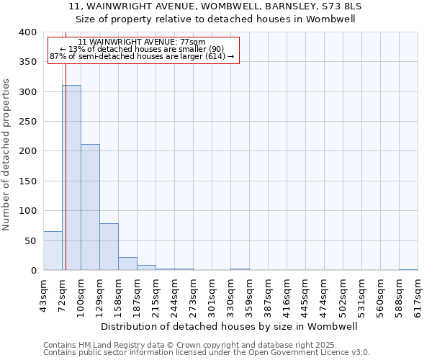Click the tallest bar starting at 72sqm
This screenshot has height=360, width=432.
pos(71,178)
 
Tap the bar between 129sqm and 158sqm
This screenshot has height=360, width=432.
pos(109,247)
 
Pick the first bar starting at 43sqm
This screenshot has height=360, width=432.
pos(53,251)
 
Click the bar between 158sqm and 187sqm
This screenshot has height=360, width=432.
pos(127,264)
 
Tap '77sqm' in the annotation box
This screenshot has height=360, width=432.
pos(193,42)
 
